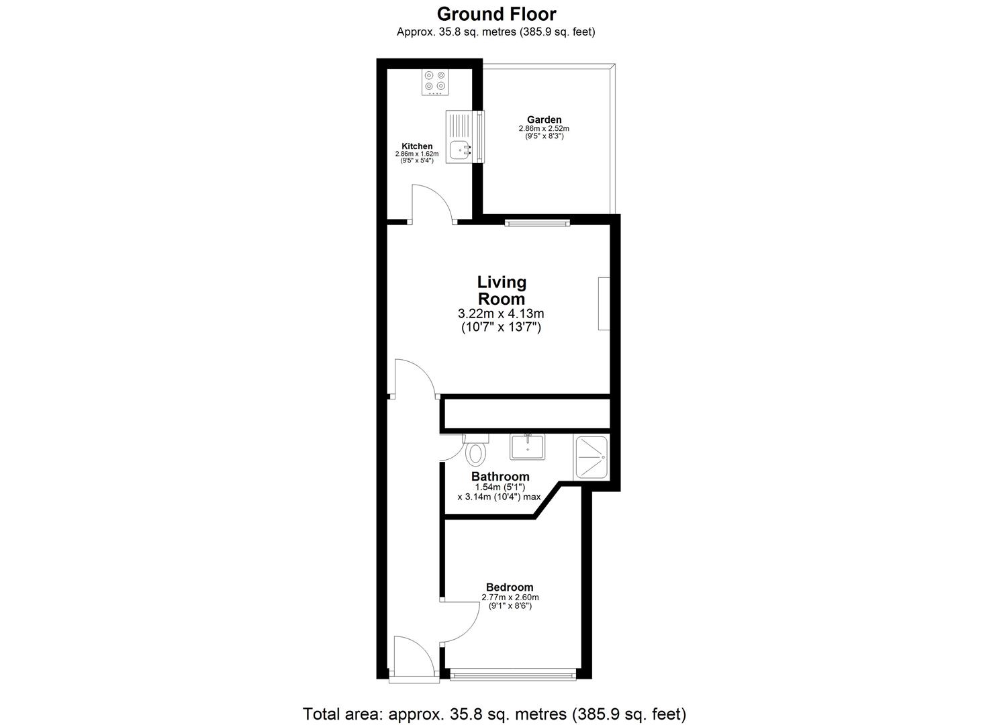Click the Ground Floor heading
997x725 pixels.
[496, 14]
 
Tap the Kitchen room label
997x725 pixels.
[417, 146]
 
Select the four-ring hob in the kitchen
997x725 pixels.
[124, 83]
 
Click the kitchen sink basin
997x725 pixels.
[460, 150]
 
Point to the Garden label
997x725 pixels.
[544, 119]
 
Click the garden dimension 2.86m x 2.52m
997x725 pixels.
[544, 129]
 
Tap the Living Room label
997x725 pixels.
[502, 290]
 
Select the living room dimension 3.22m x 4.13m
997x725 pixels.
[501, 313]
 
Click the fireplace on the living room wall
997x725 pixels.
[604, 303]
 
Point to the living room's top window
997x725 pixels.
[537, 222]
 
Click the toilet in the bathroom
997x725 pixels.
[475, 450]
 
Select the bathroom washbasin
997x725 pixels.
[528, 447]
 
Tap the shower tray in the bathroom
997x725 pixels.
[591, 456]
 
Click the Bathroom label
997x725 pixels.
[500, 477]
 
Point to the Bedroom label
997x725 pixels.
[510, 587]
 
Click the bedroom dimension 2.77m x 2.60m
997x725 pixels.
[510, 597]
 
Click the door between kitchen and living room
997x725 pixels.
[431, 203]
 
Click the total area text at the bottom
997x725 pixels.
[495, 714]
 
